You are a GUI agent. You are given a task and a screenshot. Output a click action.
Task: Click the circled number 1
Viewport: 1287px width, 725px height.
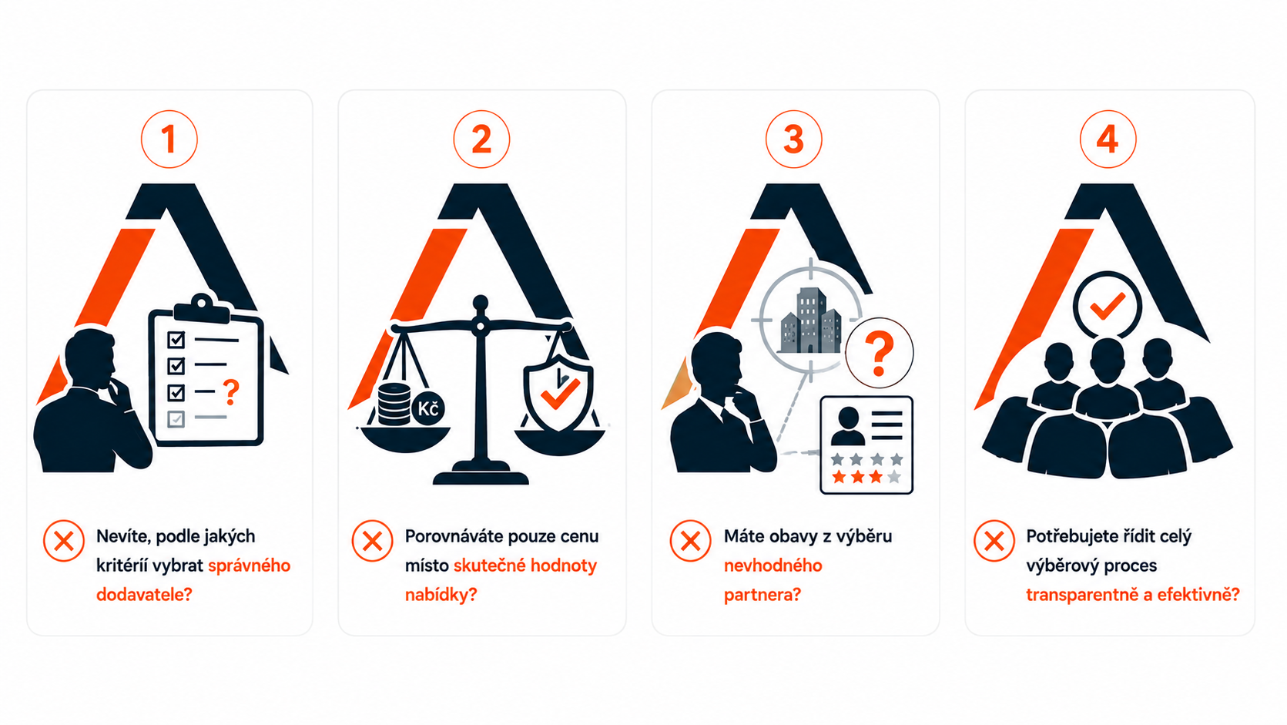(x=169, y=139)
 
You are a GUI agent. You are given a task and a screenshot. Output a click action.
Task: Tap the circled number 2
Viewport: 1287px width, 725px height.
(x=481, y=139)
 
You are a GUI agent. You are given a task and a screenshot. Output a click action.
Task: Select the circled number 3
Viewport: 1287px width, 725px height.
(x=793, y=139)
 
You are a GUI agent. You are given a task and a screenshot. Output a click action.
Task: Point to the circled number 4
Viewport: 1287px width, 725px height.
(x=1108, y=139)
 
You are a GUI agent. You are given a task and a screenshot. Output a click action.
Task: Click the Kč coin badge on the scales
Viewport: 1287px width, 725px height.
(x=428, y=409)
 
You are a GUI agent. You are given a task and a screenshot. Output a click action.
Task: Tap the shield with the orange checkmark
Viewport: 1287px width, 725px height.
(x=558, y=392)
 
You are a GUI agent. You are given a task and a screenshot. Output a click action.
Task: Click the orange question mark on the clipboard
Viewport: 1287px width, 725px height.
(x=231, y=391)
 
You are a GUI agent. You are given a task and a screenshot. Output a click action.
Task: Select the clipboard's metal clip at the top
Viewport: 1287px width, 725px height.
(x=202, y=307)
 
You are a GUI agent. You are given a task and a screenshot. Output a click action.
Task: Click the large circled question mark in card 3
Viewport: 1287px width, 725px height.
(x=879, y=353)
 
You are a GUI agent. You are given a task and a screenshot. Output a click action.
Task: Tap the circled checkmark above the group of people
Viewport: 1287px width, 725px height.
(x=1108, y=305)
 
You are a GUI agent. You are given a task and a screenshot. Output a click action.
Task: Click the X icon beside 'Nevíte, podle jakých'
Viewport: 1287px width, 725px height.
(x=64, y=541)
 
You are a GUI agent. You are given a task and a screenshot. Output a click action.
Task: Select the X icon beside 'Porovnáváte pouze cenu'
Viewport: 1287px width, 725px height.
(x=372, y=541)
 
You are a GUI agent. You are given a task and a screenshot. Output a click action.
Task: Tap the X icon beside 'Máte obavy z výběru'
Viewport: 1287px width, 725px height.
(x=690, y=541)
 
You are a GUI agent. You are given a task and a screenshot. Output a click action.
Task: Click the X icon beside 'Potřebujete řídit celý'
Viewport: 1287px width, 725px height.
(x=994, y=541)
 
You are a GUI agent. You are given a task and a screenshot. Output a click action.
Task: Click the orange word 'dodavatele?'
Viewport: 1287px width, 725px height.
(x=144, y=595)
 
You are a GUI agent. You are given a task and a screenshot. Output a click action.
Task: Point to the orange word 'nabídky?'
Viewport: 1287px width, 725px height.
(x=441, y=595)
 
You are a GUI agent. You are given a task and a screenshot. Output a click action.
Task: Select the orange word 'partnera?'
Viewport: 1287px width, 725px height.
(x=762, y=595)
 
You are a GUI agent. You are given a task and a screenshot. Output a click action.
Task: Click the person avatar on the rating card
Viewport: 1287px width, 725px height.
(x=848, y=426)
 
